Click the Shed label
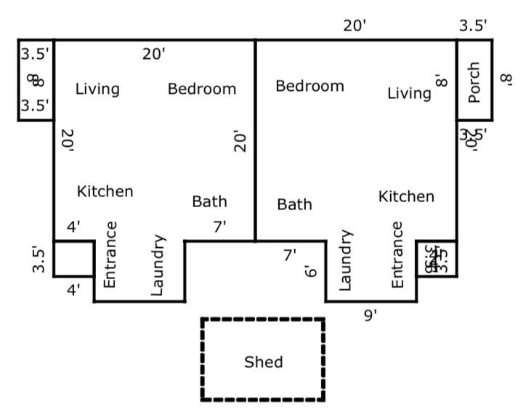[263, 362]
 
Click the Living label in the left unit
[97, 89]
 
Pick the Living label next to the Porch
[409, 93]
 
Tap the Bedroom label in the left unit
[201, 89]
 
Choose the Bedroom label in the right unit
[309, 87]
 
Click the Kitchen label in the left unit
[105, 192]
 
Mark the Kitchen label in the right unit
[406, 196]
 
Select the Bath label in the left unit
[209, 202]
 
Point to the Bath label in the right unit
[294, 205]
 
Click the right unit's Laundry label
[347, 262]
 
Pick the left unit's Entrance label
[110, 254]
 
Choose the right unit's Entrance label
[397, 254]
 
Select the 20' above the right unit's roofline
[355, 26]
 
